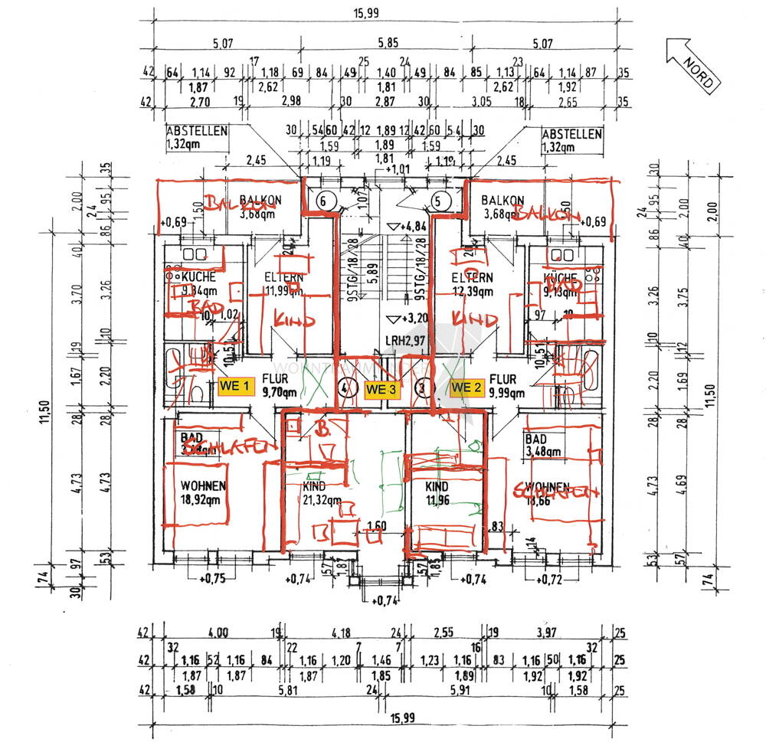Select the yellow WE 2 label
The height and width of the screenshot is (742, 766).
tap(466, 387)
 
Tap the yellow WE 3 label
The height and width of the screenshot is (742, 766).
tap(381, 388)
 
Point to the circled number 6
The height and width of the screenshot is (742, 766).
tap(324, 201)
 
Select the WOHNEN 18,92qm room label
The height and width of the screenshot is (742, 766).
tap(203, 493)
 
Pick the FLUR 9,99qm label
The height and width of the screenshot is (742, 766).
tap(506, 385)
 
